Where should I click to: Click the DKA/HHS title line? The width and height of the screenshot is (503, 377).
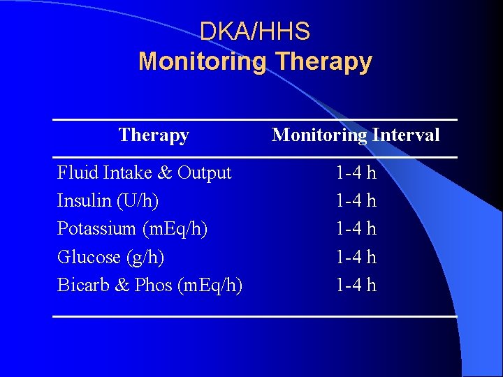(x=255, y=31)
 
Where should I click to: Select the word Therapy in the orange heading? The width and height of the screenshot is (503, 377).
(x=323, y=61)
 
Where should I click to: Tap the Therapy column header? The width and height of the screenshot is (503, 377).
(x=154, y=135)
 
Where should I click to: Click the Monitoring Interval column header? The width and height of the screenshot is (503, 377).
(x=356, y=135)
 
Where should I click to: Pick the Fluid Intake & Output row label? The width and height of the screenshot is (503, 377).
(x=144, y=172)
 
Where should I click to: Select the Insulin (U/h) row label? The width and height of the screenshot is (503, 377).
(x=108, y=201)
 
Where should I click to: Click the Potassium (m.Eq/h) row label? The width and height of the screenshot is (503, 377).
(x=132, y=229)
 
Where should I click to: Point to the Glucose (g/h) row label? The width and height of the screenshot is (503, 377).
(x=110, y=258)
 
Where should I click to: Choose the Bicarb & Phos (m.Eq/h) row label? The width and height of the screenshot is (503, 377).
(x=150, y=286)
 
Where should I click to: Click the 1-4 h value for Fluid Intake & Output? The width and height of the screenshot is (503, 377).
(x=356, y=172)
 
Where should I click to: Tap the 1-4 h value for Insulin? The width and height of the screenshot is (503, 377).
(x=356, y=201)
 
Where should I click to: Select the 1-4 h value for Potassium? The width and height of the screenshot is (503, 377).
(x=356, y=229)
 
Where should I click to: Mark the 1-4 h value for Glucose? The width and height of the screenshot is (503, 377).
(x=356, y=258)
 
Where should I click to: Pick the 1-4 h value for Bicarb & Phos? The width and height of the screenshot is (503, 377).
(x=356, y=286)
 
